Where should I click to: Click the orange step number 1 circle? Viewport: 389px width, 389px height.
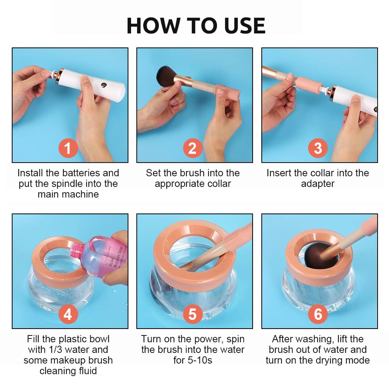pyautogui.click(x=68, y=148)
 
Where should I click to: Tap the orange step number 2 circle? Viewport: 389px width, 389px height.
pyautogui.click(x=193, y=148)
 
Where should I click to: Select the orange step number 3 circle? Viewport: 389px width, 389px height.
pyautogui.click(x=318, y=148)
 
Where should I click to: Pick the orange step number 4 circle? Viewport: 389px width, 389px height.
pyautogui.click(x=68, y=314)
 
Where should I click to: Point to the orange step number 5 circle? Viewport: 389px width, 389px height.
pyautogui.click(x=193, y=314)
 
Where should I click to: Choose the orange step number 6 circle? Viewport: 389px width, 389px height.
pyautogui.click(x=318, y=314)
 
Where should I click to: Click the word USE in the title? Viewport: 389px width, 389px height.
pyautogui.click(x=245, y=26)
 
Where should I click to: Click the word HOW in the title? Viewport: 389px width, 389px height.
pyautogui.click(x=153, y=26)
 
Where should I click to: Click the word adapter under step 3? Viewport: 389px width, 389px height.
pyautogui.click(x=318, y=184)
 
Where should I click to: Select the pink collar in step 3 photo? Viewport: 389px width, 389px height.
pyautogui.click(x=309, y=84)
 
